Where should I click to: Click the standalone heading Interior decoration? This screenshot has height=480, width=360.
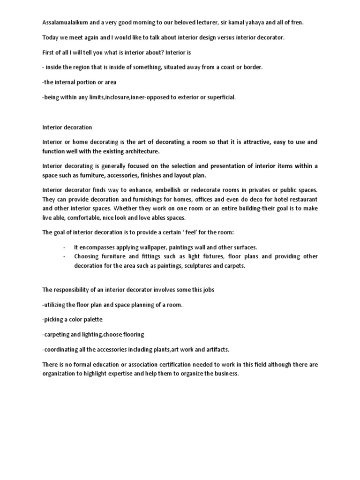[x=67, y=127]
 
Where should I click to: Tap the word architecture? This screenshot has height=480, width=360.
[x=140, y=151]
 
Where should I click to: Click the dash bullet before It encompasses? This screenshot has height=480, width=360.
[x=64, y=247]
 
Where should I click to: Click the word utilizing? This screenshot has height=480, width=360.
[x=56, y=305]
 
